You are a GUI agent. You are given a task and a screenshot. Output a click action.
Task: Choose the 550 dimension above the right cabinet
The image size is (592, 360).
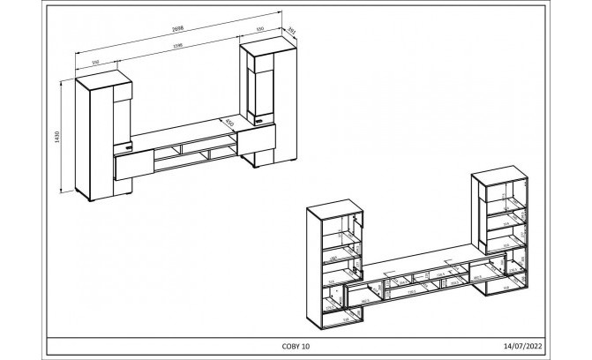(x=259, y=28)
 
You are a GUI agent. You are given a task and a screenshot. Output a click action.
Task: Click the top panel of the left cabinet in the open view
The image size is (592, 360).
(x=335, y=209)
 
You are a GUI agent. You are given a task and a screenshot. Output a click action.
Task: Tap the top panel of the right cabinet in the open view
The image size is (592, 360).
(x=501, y=174)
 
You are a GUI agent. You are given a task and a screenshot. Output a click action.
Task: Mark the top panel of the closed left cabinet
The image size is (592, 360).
(x=104, y=78)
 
